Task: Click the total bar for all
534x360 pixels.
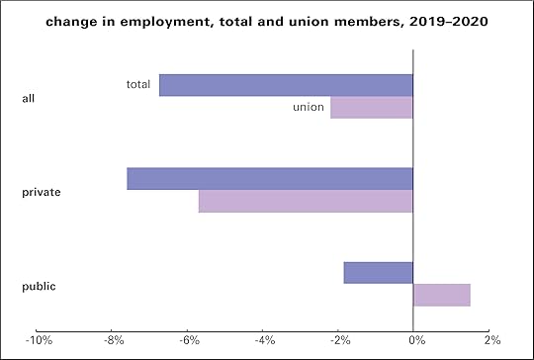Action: coord(286,85)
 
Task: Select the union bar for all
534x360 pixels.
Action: coord(371,107)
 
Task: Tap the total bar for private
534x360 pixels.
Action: coord(270,178)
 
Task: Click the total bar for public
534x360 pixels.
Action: coord(378,272)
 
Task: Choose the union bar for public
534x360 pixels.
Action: coord(441,295)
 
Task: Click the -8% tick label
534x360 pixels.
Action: coord(114,341)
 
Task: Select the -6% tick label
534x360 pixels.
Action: coord(189,341)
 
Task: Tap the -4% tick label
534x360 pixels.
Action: coord(264,341)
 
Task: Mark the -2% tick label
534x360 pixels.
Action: coord(339,341)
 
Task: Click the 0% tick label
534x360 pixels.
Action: coord(416,341)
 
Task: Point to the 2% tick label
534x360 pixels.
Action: coord(491,341)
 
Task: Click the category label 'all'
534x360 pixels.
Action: coord(29,98)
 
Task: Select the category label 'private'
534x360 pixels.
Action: coord(42,192)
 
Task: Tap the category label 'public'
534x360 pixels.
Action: coord(39,286)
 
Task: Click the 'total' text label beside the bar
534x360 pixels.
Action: coord(138,84)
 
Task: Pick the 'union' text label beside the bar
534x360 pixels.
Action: coord(309,107)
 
